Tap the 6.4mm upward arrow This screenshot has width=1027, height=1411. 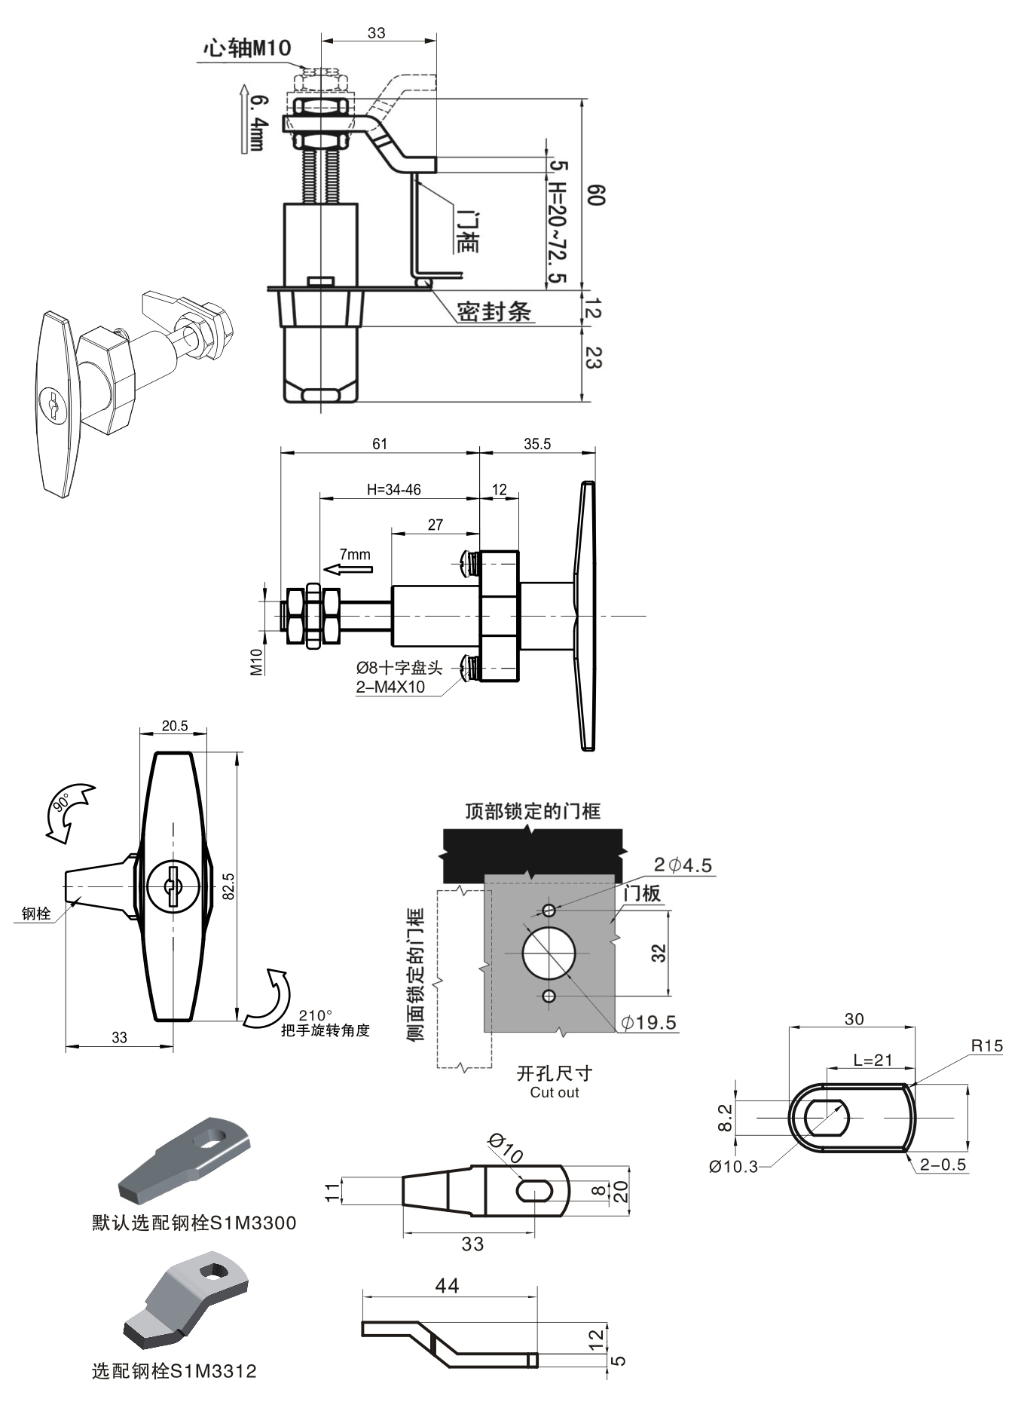[x=243, y=119]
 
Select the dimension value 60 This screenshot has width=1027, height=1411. [x=596, y=194]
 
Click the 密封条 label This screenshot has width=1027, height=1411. [x=494, y=311]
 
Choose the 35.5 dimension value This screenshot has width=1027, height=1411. [x=537, y=444]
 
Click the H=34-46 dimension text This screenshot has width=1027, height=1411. [x=394, y=490]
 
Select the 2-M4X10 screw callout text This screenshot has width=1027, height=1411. [x=390, y=687]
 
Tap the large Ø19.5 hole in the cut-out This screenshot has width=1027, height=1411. [x=549, y=953]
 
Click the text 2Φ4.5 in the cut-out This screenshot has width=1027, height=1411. [x=683, y=865]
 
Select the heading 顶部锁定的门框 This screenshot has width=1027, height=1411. [x=533, y=811]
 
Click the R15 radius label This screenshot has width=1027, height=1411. [x=987, y=1045]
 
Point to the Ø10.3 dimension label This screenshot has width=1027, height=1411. [x=733, y=1166]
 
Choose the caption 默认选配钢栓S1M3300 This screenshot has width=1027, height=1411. [x=194, y=1223]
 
